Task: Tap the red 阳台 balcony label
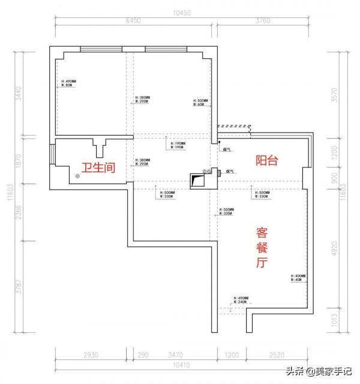click(x=266, y=160)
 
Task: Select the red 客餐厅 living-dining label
click(x=262, y=247)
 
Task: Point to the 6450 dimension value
click(x=133, y=21)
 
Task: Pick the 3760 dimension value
click(x=263, y=21)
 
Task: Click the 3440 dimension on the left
click(x=18, y=92)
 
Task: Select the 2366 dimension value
click(x=18, y=213)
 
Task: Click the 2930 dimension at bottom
click(x=91, y=355)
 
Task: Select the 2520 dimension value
click(x=277, y=355)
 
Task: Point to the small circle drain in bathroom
click(x=77, y=176)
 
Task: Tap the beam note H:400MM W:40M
click(x=298, y=278)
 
